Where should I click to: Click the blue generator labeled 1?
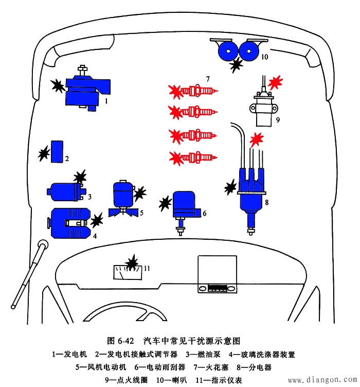[x=85, y=92]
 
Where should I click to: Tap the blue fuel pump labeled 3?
[x=64, y=192]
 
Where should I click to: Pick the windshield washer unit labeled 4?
[x=69, y=223]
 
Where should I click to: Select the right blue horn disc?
[x=249, y=51]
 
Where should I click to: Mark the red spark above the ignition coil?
[x=276, y=82]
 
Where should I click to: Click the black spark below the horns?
[x=237, y=65]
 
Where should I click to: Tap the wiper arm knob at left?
[x=43, y=244]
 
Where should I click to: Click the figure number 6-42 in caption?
[x=123, y=342]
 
